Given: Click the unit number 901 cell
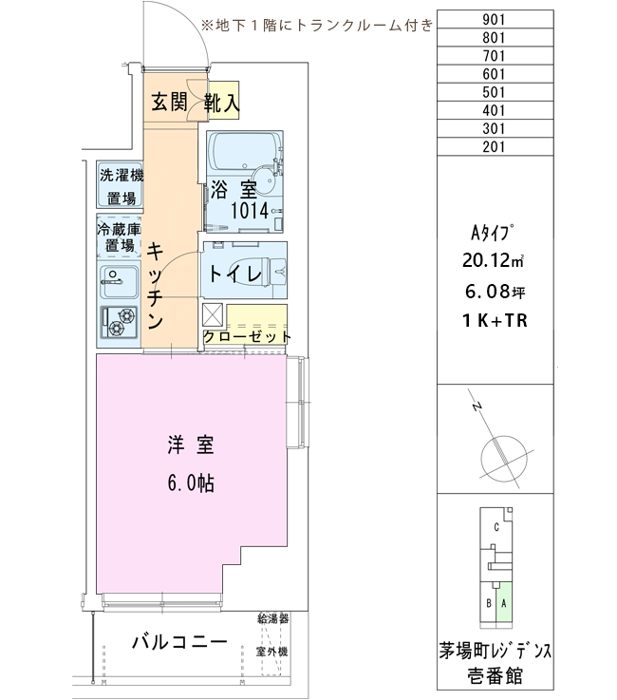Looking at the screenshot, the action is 495,19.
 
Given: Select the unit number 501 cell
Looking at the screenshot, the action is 495,92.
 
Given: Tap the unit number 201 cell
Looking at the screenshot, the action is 495,146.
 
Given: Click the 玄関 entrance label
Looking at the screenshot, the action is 169,103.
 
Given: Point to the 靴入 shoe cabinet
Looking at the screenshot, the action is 224,100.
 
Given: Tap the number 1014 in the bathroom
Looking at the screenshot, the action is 250,210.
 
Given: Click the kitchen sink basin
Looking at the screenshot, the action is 119,282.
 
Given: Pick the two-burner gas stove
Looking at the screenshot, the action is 119,322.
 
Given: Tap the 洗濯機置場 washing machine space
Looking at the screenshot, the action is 120,185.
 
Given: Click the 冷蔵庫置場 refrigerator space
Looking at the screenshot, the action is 119,237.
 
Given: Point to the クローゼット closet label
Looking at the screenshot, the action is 247,336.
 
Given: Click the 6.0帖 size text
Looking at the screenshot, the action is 191,483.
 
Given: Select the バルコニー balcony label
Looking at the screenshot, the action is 179,642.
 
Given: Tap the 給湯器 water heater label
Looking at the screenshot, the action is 273,618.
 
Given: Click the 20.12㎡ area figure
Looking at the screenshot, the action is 493,259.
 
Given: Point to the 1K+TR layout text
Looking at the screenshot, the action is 495,320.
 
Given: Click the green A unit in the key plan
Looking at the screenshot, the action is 504,603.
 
